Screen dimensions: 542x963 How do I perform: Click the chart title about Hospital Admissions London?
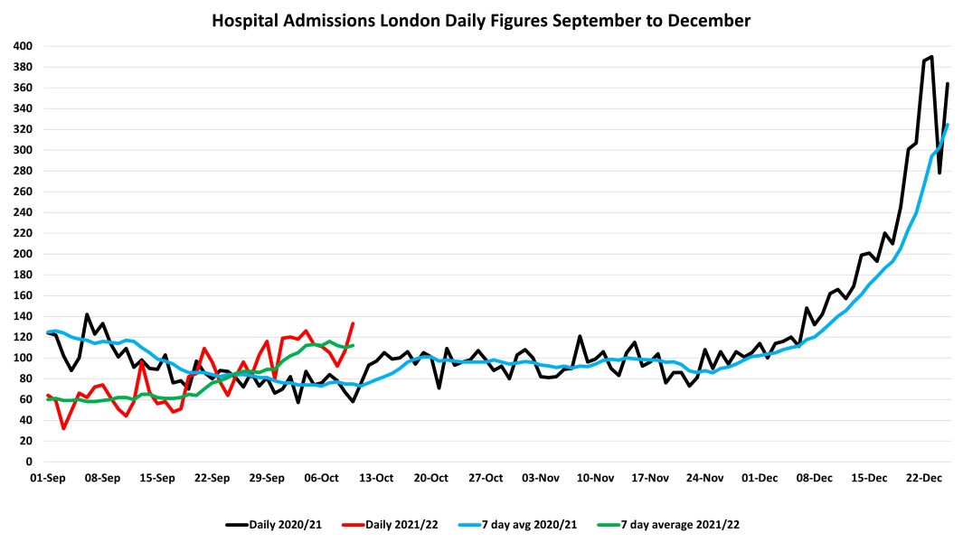(x=481, y=19)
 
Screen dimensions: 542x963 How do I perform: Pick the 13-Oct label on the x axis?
(x=377, y=477)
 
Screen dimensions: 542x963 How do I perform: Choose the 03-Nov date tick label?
(x=542, y=477)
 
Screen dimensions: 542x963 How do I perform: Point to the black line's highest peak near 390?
(x=931, y=57)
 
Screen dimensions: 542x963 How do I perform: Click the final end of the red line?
(x=353, y=323)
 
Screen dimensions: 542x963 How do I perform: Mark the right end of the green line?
(x=353, y=345)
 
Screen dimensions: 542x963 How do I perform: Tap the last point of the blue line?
(x=948, y=125)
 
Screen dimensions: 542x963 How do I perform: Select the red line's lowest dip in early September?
(x=63, y=428)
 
